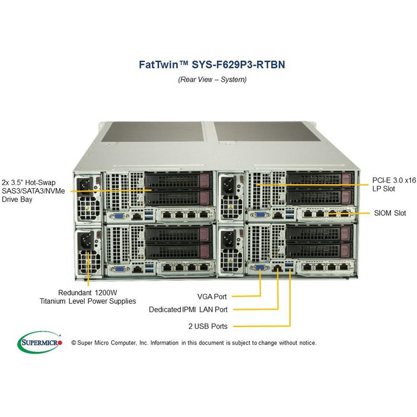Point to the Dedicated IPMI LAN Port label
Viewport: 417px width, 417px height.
tap(188, 309)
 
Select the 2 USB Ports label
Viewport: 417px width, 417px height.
tap(208, 326)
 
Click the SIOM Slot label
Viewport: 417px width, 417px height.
tap(390, 213)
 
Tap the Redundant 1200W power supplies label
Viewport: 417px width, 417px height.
tap(88, 297)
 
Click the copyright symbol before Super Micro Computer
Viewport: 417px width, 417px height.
tap(73, 342)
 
